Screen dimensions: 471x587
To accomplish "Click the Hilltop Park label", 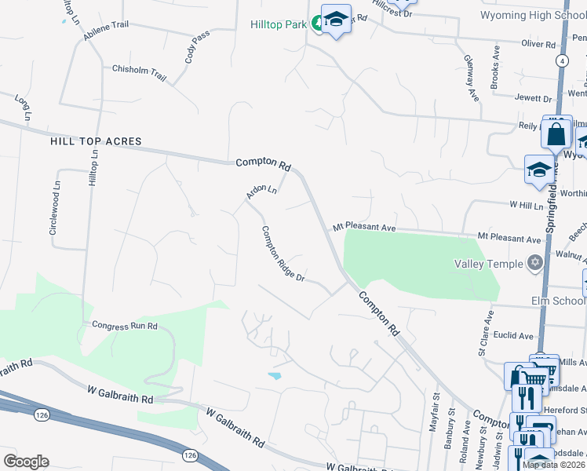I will point(278,24).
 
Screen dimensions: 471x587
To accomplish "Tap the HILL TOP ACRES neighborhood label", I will point(96,142).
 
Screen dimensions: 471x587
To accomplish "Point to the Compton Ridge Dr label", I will point(283,255).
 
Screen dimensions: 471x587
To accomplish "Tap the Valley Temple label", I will point(487,264).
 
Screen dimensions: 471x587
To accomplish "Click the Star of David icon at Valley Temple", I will point(535,264).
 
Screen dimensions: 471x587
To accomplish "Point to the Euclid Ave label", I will point(514,336).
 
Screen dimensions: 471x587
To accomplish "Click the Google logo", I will point(26,461).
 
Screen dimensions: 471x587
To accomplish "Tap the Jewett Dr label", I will point(533,98).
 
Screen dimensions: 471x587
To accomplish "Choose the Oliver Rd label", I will point(538,45).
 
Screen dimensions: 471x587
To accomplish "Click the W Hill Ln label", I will point(527,206).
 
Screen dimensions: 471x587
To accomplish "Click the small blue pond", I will point(275,376).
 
